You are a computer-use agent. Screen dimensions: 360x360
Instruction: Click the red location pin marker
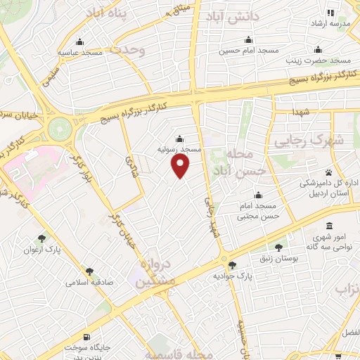pyautogui.click(x=181, y=166)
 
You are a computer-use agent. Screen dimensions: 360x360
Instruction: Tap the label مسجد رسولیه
pyautogui.click(x=184, y=150)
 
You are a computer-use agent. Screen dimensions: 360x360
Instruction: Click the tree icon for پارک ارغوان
pyautogui.click(x=43, y=238)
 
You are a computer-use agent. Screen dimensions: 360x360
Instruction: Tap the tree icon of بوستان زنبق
pyautogui.click(x=280, y=247)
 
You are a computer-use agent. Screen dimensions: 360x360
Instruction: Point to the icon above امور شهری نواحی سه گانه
pyautogui.click(x=330, y=226)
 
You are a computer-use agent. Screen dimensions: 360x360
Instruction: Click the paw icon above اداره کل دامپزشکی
pyautogui.click(x=328, y=172)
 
